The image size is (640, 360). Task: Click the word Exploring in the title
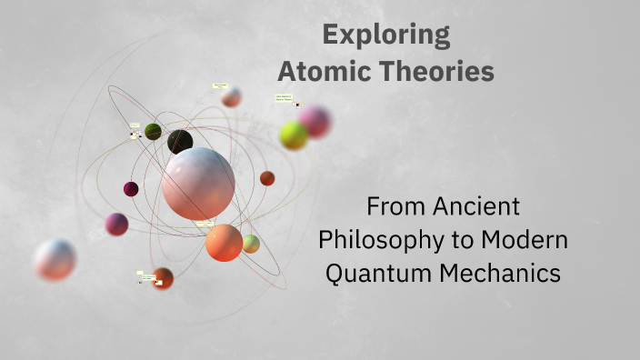point(385,35)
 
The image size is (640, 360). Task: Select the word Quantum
point(372,273)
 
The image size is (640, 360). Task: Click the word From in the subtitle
point(391,206)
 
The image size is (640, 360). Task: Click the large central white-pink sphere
point(198,184)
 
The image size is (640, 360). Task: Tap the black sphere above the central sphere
point(180,141)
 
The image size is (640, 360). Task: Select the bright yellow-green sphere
point(294,135)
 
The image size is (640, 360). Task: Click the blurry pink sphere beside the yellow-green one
point(315,121)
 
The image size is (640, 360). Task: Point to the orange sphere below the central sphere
point(224,243)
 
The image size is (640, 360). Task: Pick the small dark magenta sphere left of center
point(131,189)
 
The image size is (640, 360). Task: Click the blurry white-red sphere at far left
point(55,260)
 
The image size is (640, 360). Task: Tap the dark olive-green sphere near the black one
point(153,132)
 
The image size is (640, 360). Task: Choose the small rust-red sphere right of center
point(267,178)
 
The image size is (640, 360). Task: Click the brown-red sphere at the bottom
point(164,277)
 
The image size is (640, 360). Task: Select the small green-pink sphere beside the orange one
point(251,244)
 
